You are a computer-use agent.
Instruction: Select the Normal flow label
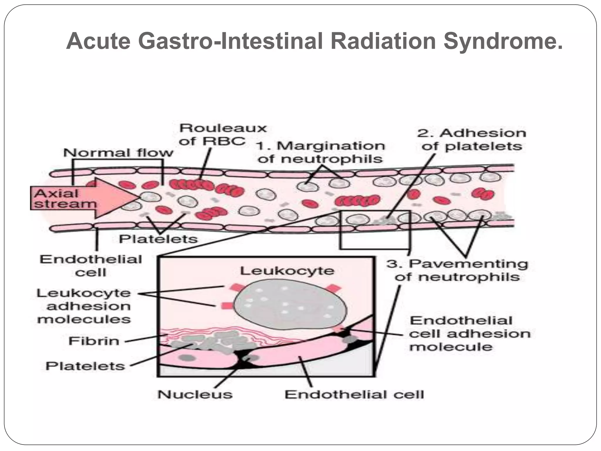click(x=118, y=153)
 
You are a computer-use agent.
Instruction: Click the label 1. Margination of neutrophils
click(x=320, y=152)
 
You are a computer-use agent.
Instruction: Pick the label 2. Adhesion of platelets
click(x=472, y=139)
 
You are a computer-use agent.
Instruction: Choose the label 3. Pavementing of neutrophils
click(x=457, y=270)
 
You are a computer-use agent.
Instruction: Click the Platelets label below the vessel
click(x=158, y=239)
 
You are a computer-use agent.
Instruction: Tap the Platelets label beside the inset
click(x=85, y=366)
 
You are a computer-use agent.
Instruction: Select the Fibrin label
click(x=94, y=341)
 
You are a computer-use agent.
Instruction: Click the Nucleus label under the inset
click(x=195, y=394)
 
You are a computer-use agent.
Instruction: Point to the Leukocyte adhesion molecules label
click(x=84, y=306)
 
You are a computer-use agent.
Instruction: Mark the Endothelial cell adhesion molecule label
click(x=470, y=334)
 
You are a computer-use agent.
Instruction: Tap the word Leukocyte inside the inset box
click(x=287, y=271)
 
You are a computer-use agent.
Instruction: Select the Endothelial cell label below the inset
click(x=354, y=394)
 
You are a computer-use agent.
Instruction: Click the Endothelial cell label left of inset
click(x=91, y=266)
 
